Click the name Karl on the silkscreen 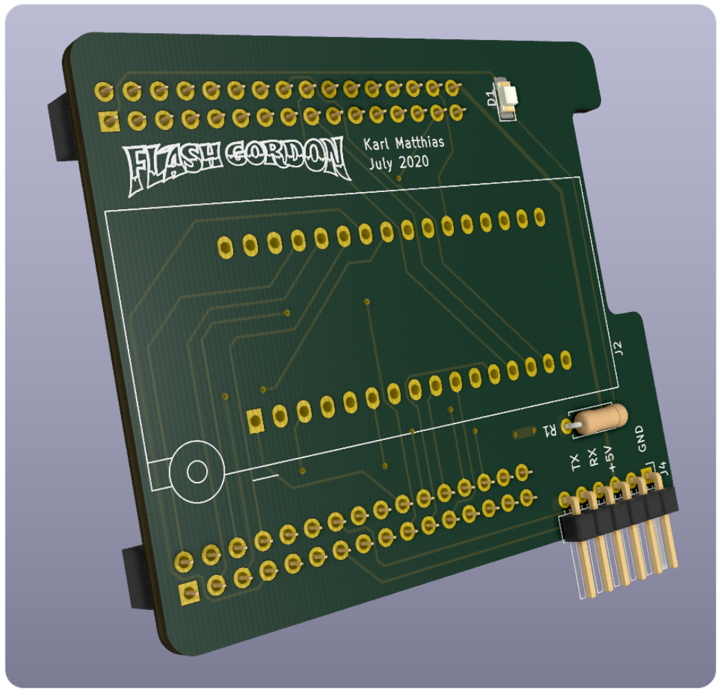pyautogui.click(x=376, y=144)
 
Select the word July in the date pyautogui.click(x=380, y=164)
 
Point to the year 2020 pyautogui.click(x=413, y=162)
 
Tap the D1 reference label pyautogui.click(x=491, y=98)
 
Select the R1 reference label pyautogui.click(x=550, y=430)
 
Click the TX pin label pyautogui.click(x=575, y=462)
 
